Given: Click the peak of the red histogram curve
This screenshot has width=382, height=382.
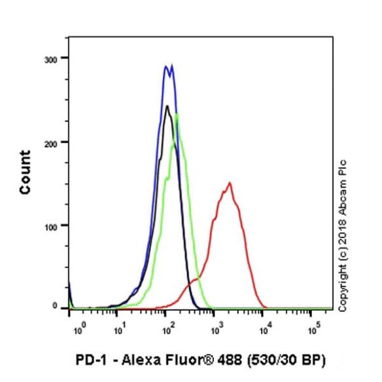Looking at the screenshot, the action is (x=229, y=183).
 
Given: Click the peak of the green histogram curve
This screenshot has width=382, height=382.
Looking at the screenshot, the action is (x=177, y=114).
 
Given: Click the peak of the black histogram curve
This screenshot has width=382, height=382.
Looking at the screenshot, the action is (x=167, y=106).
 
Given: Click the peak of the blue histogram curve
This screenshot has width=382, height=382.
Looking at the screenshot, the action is (x=172, y=65).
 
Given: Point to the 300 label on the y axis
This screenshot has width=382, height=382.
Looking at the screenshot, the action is (x=50, y=60).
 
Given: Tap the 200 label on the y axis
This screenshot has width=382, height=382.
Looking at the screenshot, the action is (x=50, y=144).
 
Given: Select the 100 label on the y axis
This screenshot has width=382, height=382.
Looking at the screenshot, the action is (x=51, y=227).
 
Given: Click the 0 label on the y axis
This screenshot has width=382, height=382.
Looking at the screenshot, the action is (x=55, y=305).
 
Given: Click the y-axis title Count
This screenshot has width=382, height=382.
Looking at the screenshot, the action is (x=26, y=173).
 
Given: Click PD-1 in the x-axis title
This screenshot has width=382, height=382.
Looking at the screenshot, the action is (x=92, y=360).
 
